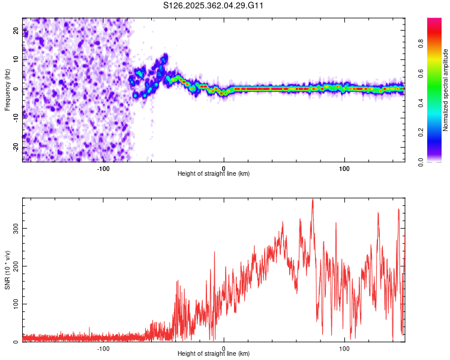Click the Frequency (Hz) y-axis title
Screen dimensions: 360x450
tap(7, 89)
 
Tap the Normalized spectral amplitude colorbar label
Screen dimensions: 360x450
tap(446, 90)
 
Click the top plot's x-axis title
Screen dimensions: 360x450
tap(214, 173)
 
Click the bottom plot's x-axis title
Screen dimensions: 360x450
tap(214, 353)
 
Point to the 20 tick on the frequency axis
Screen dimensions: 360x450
tap(16, 31)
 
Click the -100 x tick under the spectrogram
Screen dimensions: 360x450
tap(103, 168)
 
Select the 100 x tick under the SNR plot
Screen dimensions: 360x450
tap(344, 348)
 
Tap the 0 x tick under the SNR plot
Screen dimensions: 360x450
tap(224, 348)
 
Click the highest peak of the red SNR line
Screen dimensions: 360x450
tap(313, 200)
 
